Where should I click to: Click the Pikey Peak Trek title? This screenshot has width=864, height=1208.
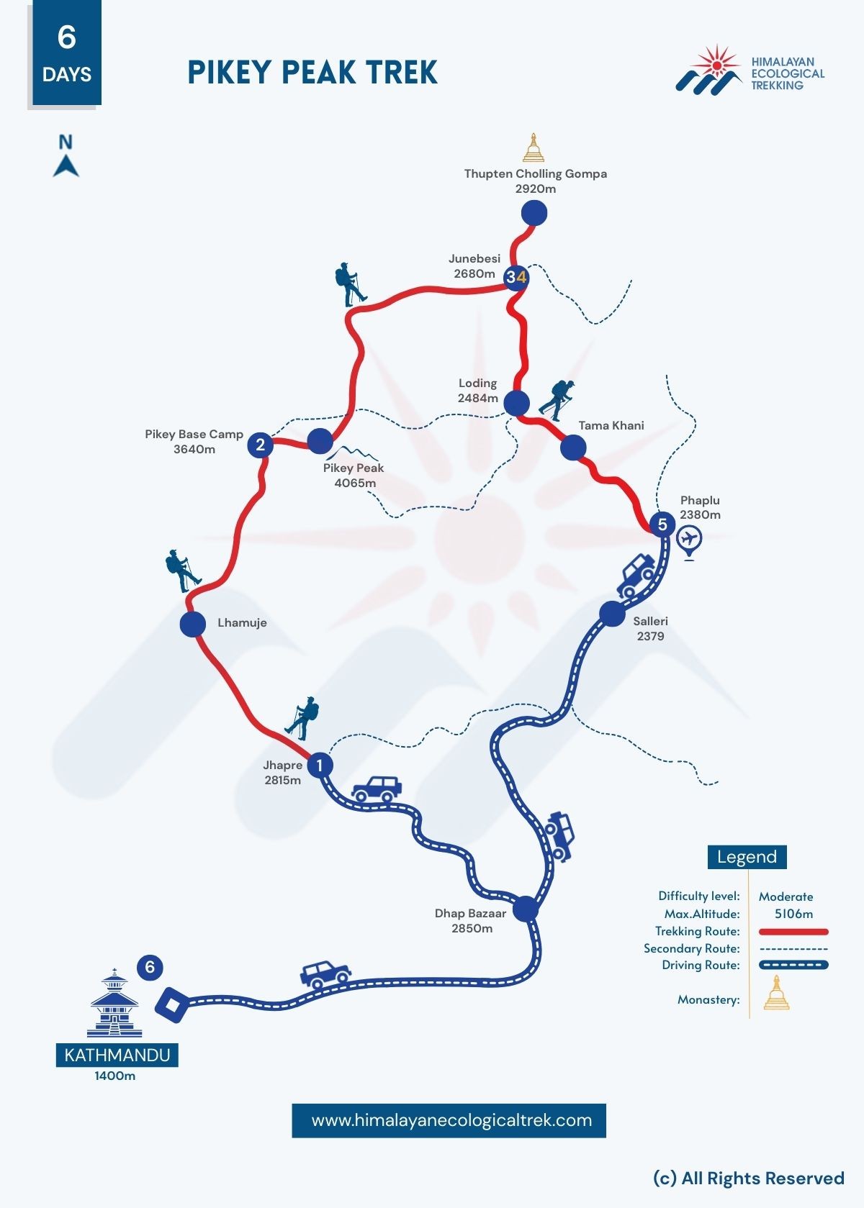312,73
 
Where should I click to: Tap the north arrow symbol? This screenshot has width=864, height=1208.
66,156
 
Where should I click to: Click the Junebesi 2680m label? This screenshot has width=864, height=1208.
474,266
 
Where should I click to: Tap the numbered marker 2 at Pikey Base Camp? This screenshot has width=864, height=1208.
261,445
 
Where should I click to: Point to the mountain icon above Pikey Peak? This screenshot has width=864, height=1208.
353,453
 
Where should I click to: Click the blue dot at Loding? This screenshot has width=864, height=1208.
516,403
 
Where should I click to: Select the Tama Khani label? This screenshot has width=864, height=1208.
611,425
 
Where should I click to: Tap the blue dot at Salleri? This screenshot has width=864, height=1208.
612,614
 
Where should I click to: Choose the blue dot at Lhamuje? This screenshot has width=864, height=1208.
193,624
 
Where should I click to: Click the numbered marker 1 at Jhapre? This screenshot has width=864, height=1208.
320,765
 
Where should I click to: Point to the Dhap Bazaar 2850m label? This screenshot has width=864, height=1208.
471,921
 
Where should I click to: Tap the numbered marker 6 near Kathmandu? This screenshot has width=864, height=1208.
150,966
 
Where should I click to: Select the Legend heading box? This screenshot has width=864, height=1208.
747,857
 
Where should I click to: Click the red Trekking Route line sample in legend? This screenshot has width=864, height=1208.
793,932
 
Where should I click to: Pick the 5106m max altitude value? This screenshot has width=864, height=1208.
793,914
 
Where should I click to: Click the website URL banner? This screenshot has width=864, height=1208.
449,1120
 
